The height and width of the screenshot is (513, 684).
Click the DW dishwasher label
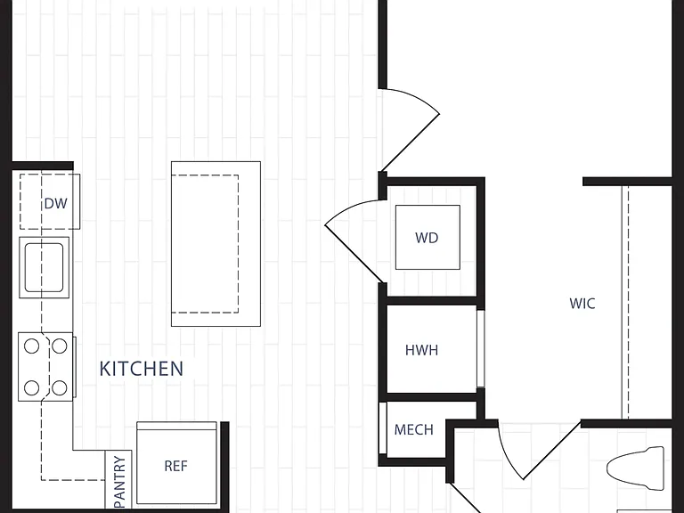point(56,203)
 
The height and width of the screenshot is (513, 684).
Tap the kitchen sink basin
point(44,267)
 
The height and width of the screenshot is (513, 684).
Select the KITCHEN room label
point(142,369)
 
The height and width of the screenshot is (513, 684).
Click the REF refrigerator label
point(175,466)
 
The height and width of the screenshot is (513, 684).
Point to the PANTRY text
point(119,483)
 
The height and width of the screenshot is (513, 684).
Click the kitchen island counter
point(216,244)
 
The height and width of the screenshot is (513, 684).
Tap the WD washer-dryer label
point(427,238)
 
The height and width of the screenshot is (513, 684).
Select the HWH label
point(422,350)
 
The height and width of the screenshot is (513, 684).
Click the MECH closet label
point(414,429)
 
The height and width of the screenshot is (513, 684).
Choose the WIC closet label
point(582,304)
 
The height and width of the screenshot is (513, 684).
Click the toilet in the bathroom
point(636,468)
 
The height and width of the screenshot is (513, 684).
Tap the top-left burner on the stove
point(31,346)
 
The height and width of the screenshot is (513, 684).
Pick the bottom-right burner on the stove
point(60,387)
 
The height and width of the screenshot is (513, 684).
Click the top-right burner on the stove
point(60,346)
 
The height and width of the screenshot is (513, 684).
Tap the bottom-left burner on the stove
point(31,387)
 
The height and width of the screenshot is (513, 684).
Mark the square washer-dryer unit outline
point(427,237)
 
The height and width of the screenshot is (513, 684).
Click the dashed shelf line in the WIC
point(628,302)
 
